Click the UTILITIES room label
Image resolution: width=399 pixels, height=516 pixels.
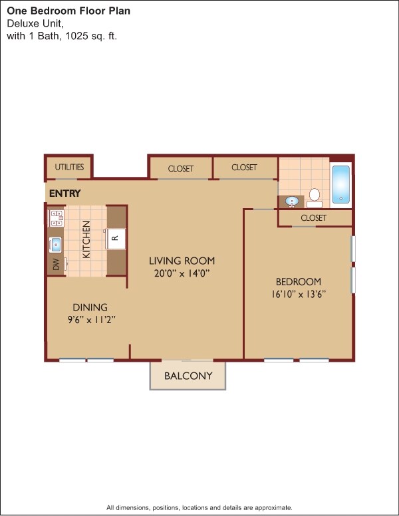click(x=69, y=167)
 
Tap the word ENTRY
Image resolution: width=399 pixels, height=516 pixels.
click(x=65, y=193)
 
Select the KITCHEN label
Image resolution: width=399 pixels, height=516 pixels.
click(x=86, y=241)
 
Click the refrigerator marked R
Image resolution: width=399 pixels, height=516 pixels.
click(x=115, y=237)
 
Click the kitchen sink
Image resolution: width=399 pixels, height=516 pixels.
click(x=55, y=244)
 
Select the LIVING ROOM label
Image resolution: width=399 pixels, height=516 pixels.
click(x=182, y=261)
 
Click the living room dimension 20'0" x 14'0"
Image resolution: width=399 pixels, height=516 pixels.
click(x=182, y=273)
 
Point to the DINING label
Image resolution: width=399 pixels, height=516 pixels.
click(x=90, y=307)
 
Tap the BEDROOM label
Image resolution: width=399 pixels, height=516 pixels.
click(x=299, y=281)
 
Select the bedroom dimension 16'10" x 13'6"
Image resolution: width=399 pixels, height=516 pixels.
click(x=299, y=293)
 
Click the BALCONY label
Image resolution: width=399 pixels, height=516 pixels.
click(x=188, y=376)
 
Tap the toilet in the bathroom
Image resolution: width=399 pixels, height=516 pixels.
click(x=315, y=197)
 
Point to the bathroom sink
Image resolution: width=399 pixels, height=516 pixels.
click(x=291, y=200)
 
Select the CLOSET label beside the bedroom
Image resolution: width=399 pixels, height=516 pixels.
click(x=313, y=218)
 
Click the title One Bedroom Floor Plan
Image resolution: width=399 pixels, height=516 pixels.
click(x=68, y=11)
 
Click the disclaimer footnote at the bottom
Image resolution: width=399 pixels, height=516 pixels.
click(x=199, y=507)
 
